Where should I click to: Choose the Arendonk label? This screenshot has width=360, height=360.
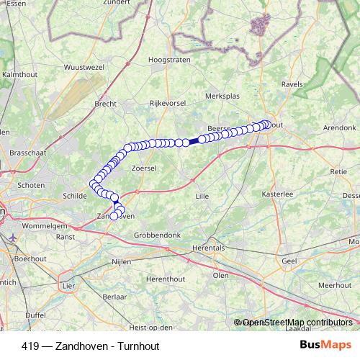[340, 127]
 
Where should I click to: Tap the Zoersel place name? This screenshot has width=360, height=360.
[144, 167]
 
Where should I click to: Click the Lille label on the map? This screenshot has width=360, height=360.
[204, 195]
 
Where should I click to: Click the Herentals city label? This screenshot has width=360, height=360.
[208, 247]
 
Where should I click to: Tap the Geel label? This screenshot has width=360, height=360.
[289, 261]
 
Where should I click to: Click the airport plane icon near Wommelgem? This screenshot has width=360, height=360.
[15, 235]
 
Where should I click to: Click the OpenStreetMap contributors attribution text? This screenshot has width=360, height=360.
[297, 323]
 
